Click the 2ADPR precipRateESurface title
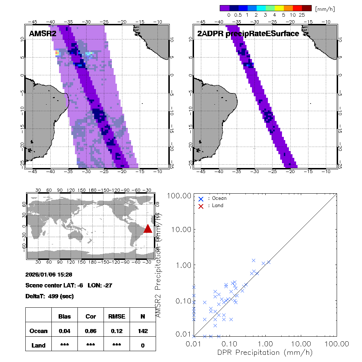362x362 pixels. (x=248, y=34)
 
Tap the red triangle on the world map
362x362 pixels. (x=148, y=228)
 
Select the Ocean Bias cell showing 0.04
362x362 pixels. (x=64, y=331)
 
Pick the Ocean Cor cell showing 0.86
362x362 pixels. (x=90, y=331)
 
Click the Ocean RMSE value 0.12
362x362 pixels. (x=117, y=331)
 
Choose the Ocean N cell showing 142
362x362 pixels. (x=143, y=331)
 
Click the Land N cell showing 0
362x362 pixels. (x=143, y=345)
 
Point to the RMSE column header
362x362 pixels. (x=117, y=316)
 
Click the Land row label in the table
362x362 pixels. (x=38, y=345)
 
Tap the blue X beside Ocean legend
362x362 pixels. (x=201, y=198)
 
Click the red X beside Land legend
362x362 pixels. (x=201, y=206)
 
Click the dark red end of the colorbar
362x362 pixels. (x=307, y=8)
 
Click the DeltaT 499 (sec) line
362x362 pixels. (x=50, y=296)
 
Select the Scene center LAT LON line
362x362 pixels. (x=69, y=285)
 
